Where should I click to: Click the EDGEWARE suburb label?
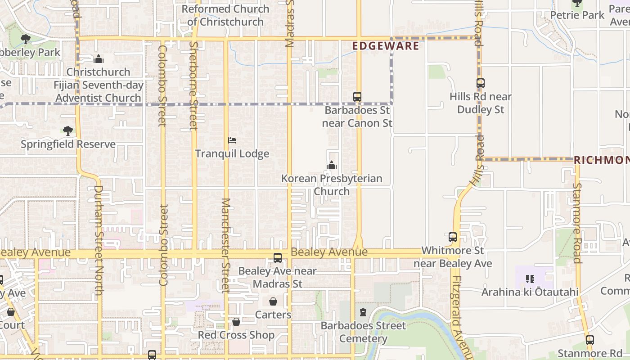tap(386, 46)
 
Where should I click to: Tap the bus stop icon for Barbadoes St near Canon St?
tap(357, 97)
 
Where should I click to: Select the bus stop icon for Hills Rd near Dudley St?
tap(481, 83)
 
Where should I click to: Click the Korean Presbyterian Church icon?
tap(332, 166)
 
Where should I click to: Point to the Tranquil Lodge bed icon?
tap(232, 140)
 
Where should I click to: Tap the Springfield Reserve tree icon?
tap(68, 131)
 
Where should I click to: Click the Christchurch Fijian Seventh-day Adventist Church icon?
tap(99, 59)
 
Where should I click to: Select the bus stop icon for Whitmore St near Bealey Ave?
tap(453, 237)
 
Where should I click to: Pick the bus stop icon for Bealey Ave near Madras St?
tap(278, 258)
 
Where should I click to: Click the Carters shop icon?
tap(273, 301)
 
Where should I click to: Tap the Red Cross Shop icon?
tap(236, 322)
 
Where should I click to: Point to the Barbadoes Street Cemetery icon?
tap(363, 312)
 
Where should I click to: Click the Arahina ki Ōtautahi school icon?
tap(530, 279)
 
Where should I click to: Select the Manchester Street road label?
tap(225, 245)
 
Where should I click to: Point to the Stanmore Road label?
tap(577, 223)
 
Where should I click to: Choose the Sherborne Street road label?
tap(194, 85)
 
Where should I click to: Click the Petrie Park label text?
tap(577, 15)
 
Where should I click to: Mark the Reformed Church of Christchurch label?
tap(225, 15)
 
